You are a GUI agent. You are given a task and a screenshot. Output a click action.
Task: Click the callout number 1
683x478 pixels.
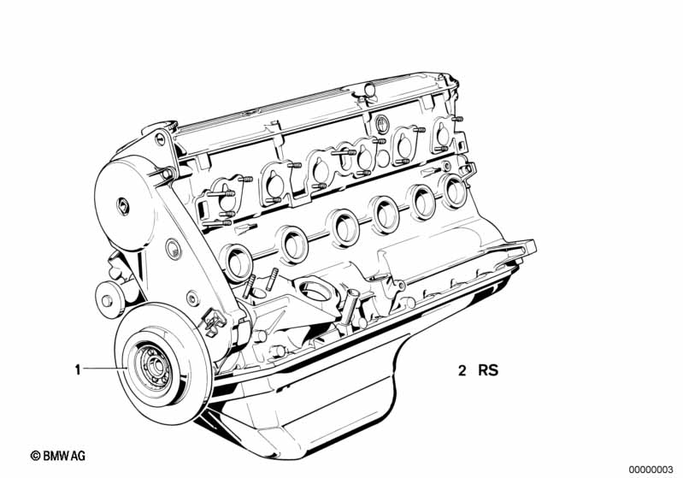click(x=78, y=370)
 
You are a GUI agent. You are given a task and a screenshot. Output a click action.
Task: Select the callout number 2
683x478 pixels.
click(x=462, y=371)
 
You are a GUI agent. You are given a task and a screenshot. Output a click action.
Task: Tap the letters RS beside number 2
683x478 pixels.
click(x=488, y=370)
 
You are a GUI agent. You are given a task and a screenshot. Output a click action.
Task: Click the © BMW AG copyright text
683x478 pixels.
click(x=58, y=456)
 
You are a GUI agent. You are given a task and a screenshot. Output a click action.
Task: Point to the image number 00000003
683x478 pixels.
click(x=651, y=469)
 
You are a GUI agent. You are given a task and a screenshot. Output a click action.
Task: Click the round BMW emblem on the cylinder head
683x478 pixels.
click(x=381, y=124)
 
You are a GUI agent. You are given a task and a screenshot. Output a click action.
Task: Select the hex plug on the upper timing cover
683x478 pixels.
click(x=123, y=205)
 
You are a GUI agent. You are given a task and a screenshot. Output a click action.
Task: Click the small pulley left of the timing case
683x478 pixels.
click(x=106, y=300)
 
